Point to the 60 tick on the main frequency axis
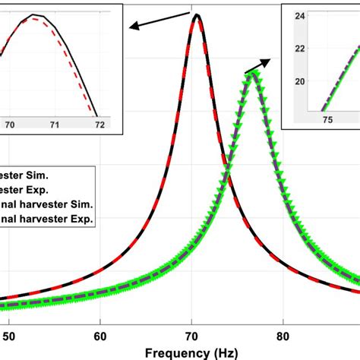[100, 333]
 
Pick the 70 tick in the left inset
[10, 122]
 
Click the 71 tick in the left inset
[54, 122]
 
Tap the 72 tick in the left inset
[97, 122]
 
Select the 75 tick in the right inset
[328, 119]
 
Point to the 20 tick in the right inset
[299, 81]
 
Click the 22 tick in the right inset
[299, 48]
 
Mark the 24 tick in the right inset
[299, 15]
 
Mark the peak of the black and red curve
[197, 15]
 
